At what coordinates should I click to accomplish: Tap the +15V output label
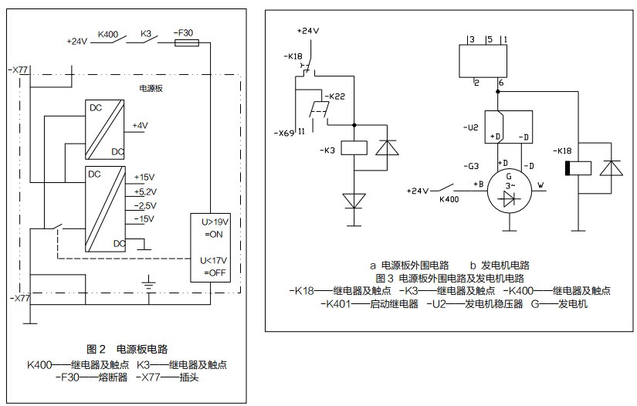click(x=144, y=177)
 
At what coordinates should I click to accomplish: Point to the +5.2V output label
click(x=145, y=191)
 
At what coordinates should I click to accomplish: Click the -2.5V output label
click(x=145, y=206)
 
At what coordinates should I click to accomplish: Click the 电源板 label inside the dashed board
click(x=151, y=89)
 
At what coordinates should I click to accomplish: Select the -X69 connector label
click(x=283, y=133)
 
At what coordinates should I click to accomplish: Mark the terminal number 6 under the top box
click(x=502, y=82)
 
